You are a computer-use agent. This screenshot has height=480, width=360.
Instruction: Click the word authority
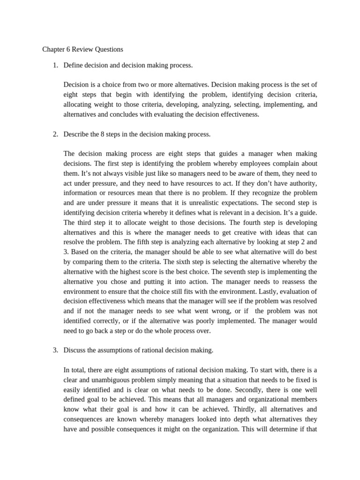(300, 183)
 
